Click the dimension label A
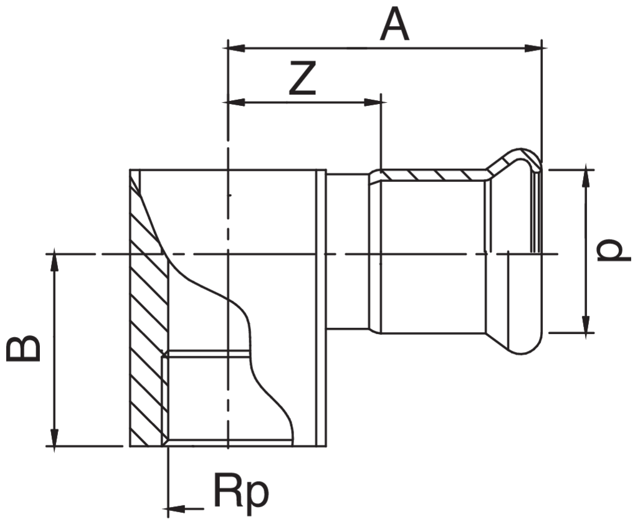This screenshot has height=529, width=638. [396, 26]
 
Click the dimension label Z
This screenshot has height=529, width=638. [303, 79]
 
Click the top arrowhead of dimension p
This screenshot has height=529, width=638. [586, 177]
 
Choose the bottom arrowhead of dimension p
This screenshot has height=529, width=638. [586, 325]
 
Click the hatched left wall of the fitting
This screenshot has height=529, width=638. [148, 312]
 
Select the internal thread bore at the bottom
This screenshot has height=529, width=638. [206, 399]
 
